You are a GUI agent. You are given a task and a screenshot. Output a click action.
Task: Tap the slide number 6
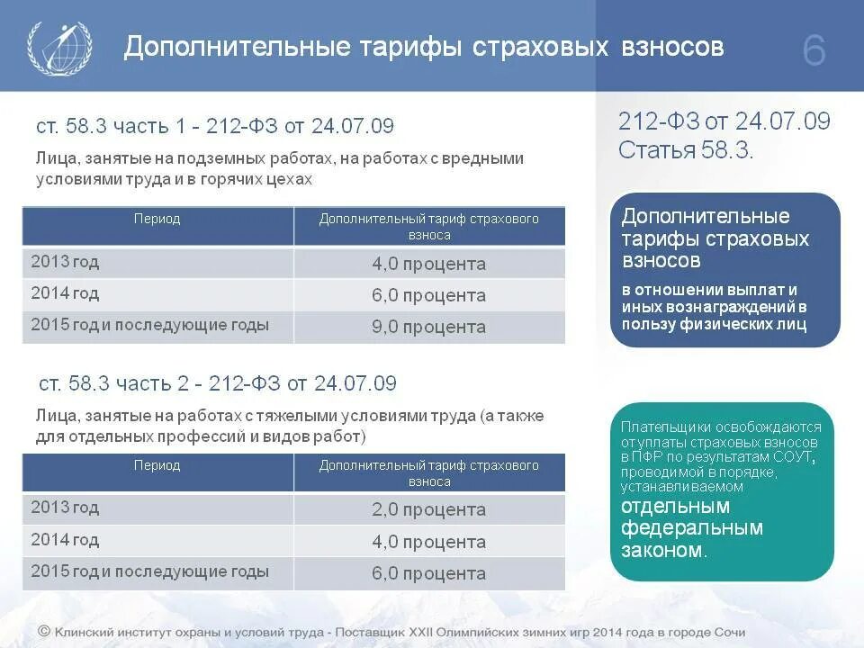point(814,52)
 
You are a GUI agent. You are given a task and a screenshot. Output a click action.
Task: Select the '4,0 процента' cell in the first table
point(428,264)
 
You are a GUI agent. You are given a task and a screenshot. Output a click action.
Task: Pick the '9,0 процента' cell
point(428,327)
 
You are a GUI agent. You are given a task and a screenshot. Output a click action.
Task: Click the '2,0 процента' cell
point(428,510)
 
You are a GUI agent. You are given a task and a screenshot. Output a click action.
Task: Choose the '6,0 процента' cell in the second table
point(428,573)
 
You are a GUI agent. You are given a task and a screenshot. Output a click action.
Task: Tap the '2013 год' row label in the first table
point(65,262)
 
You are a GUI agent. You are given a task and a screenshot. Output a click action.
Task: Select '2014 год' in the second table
point(65,540)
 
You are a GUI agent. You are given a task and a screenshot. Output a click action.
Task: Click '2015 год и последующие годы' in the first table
point(149,325)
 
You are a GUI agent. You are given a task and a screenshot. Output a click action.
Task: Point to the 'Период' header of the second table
point(157,466)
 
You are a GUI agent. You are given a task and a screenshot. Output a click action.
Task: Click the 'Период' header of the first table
point(157,219)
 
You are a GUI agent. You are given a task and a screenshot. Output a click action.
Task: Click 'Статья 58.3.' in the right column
point(686,150)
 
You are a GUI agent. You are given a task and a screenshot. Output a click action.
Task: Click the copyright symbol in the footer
point(43,632)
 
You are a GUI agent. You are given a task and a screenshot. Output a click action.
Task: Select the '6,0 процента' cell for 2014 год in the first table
point(428,295)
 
